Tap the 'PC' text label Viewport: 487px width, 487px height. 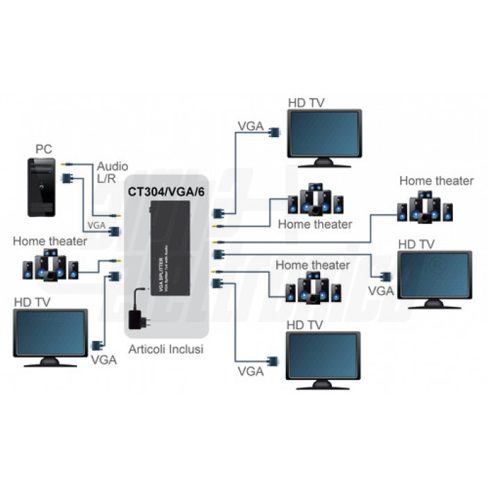click(x=44, y=150)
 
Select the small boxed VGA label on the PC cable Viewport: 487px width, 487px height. click(x=96, y=225)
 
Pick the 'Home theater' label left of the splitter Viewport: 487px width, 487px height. click(x=50, y=241)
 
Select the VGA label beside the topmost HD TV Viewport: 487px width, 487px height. click(x=250, y=126)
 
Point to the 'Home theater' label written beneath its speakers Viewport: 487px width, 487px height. click(x=314, y=224)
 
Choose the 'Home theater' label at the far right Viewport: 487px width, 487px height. click(x=436, y=181)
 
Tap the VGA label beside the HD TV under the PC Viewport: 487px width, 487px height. click(x=104, y=360)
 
